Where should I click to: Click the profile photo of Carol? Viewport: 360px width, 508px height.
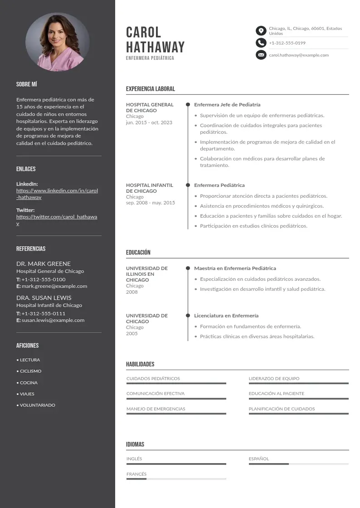coord(57,42)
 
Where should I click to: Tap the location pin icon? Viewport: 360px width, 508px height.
coord(261,31)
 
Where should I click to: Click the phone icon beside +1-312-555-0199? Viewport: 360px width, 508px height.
coord(261,43)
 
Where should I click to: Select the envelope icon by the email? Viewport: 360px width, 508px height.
coord(261,55)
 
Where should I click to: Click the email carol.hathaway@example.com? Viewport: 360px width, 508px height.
coord(299,55)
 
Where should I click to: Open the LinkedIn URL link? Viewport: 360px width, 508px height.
coord(57,194)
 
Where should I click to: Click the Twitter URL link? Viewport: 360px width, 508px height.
coord(57,220)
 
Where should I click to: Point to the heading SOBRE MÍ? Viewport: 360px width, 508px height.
coord(27,84)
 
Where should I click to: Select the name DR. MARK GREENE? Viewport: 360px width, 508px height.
coord(44,264)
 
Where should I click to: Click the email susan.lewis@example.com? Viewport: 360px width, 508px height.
coord(53,320)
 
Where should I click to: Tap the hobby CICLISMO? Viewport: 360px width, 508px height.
coord(30,371)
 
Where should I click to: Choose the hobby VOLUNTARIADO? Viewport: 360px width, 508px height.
coord(37,405)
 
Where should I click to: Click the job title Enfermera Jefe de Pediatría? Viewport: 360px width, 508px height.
coord(227,105)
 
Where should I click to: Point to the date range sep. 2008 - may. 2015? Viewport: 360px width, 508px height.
coord(150,203)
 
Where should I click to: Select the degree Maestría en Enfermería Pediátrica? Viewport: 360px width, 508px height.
coord(235,269)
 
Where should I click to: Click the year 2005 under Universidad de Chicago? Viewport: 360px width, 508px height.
coord(132,333)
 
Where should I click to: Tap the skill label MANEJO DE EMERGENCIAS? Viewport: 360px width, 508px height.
coord(156,409)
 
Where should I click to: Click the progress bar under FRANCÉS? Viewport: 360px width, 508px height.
coord(176,479)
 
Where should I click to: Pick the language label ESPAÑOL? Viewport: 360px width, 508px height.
coord(258,459)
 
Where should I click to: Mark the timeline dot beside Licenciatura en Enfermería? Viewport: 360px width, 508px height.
coord(188,315)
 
